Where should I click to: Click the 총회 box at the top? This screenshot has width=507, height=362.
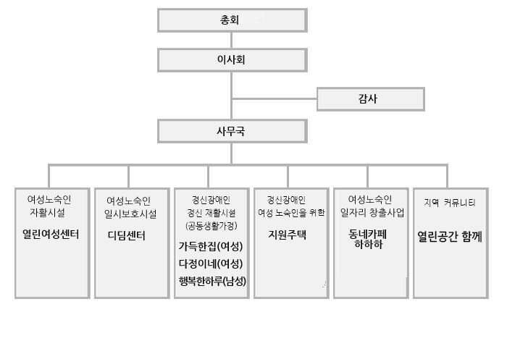click(x=232, y=20)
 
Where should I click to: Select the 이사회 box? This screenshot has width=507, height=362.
click(x=232, y=60)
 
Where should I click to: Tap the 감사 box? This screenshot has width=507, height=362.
click(x=371, y=99)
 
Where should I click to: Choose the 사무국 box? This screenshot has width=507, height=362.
click(x=232, y=131)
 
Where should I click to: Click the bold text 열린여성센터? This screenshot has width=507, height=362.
click(x=51, y=234)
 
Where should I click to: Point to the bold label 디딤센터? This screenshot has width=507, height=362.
click(x=127, y=235)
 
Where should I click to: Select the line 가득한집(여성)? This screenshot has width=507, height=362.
click(x=211, y=247)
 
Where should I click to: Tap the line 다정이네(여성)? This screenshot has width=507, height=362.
click(x=211, y=264)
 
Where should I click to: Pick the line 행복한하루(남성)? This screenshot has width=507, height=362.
click(x=212, y=281)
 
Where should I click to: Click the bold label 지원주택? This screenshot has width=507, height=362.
click(x=287, y=235)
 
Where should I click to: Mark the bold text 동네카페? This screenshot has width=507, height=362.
click(x=368, y=234)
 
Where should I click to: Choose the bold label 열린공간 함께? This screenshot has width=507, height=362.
click(x=450, y=237)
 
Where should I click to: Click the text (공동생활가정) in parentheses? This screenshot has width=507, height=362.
click(x=211, y=226)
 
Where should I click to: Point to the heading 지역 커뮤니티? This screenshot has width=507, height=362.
click(x=450, y=203)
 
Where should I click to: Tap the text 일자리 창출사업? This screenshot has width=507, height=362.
click(x=372, y=213)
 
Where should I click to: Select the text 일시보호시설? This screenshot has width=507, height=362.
click(x=130, y=214)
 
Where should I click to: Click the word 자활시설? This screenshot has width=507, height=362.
click(x=48, y=212)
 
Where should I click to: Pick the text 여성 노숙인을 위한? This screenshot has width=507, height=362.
click(x=291, y=213)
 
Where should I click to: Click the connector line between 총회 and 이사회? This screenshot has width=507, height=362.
click(x=232, y=41)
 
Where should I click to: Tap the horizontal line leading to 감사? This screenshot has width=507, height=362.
click(x=275, y=98)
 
